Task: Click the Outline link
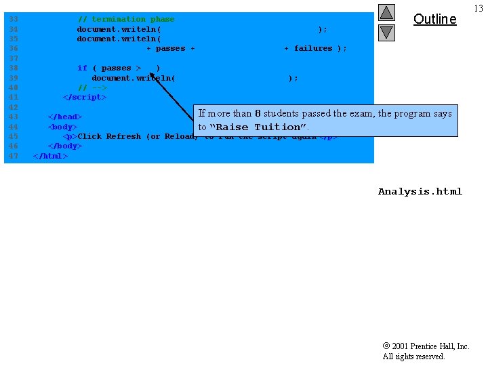(434, 19)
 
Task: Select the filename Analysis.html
(420, 192)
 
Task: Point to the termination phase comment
(126, 20)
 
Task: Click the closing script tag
(84, 97)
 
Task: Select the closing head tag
(64, 117)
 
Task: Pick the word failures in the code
(313, 49)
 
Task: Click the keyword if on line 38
(82, 68)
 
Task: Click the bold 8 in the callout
(258, 114)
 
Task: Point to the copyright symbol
(386, 346)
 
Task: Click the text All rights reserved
(413, 357)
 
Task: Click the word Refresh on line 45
(123, 136)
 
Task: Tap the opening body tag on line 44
(62, 127)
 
